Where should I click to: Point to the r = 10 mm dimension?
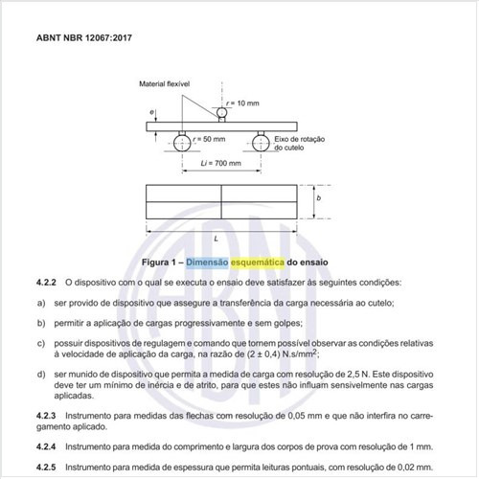[x=245, y=102]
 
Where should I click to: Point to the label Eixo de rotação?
[x=298, y=139]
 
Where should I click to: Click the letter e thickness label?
[x=152, y=113]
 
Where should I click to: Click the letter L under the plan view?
[x=220, y=237]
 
